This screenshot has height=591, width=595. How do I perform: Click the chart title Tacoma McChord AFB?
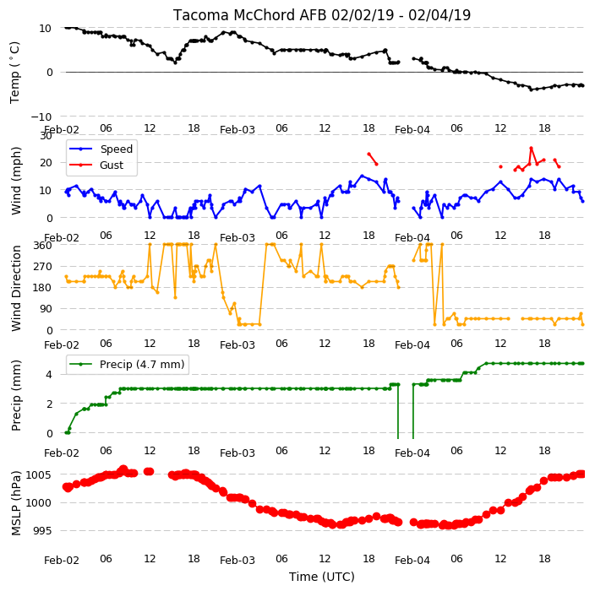pos(250,15)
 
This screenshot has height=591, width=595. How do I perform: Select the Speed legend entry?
pos(101,149)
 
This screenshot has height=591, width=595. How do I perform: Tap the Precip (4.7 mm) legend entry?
pos(126,364)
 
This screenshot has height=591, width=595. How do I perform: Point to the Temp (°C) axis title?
pos(14,73)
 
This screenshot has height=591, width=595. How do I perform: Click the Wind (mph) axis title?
pos(16,181)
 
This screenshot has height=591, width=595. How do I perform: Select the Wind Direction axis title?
pos(16,288)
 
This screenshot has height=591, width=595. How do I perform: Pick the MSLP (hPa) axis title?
pos(16,502)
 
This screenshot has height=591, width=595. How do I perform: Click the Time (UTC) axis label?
pos(322,577)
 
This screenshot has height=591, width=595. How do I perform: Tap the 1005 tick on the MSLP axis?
pos(38,475)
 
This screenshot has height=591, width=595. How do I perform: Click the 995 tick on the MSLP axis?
pos(41,531)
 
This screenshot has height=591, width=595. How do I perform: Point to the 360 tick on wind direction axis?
pos(42,246)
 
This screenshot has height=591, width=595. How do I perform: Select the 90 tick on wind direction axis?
pos(46,309)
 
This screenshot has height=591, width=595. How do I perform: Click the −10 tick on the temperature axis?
pos(41,117)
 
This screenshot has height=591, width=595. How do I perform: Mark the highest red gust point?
pos(532,149)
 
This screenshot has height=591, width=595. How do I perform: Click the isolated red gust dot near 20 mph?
pos(500,167)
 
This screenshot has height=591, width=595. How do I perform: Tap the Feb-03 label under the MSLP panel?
pos(237,561)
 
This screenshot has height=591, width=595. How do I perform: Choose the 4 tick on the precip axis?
pos(49,375)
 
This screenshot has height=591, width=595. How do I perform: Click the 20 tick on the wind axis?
pos(45,163)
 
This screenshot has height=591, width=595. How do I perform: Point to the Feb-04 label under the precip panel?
pos(412,453)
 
